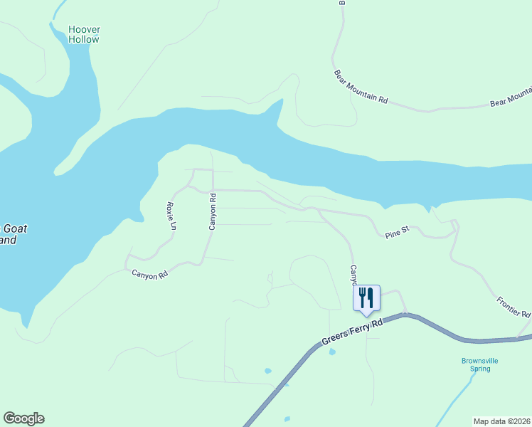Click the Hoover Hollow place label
point(84,35)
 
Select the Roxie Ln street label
point(171,216)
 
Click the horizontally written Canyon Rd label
point(149,273)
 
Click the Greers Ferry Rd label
point(351,332)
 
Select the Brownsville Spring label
point(479,364)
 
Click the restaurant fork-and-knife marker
point(366,298)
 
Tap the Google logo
point(23,418)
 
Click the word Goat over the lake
point(16,229)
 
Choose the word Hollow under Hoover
point(84,40)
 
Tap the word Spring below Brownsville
point(479,369)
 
